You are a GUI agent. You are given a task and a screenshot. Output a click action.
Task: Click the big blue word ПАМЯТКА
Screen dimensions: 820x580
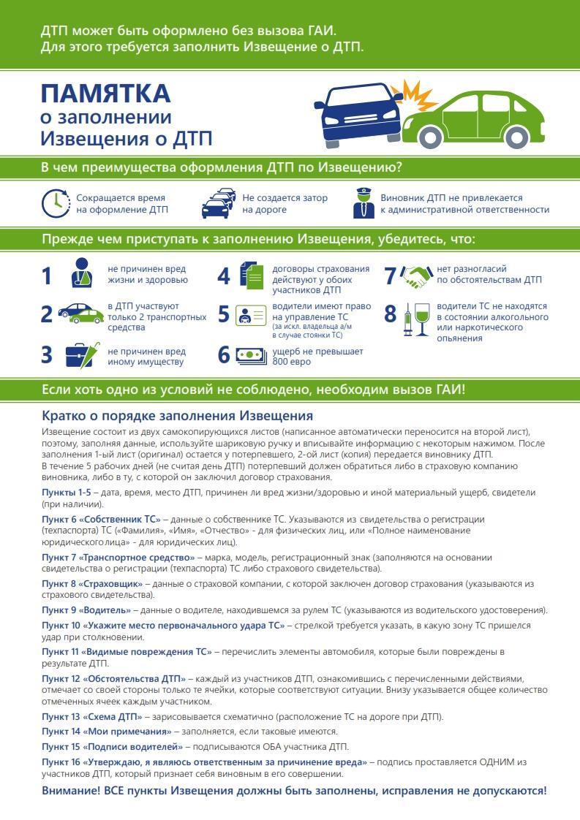pos(106,94)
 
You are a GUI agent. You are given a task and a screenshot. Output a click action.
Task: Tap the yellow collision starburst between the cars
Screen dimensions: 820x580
pos(414,96)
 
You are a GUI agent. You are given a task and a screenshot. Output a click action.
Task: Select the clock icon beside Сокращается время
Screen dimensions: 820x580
pos(54,203)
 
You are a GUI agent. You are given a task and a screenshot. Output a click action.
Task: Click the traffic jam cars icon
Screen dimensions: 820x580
pos(219,203)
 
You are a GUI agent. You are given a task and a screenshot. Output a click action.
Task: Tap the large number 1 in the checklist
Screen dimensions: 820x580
pos(47,276)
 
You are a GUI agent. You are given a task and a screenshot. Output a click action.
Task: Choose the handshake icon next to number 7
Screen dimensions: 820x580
pos(418,275)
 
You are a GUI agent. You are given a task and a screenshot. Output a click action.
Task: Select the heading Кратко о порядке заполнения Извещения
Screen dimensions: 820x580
pos(178,416)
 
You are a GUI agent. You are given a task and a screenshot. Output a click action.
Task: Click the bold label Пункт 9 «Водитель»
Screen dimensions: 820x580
pos(86,610)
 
